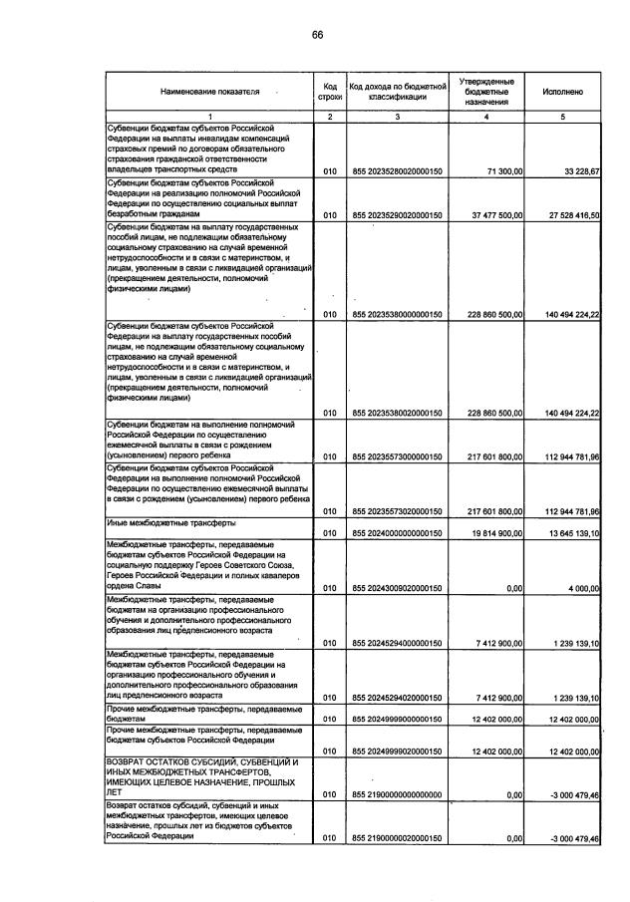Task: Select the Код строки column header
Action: click(330, 91)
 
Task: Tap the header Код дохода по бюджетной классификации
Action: click(396, 91)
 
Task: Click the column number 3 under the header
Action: click(396, 117)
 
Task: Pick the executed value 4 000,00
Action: click(579, 589)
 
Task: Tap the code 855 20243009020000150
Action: click(396, 589)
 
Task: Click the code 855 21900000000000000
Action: click(396, 794)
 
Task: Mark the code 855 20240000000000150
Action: click(396, 533)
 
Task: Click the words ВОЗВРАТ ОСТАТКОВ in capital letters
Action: click(150, 761)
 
